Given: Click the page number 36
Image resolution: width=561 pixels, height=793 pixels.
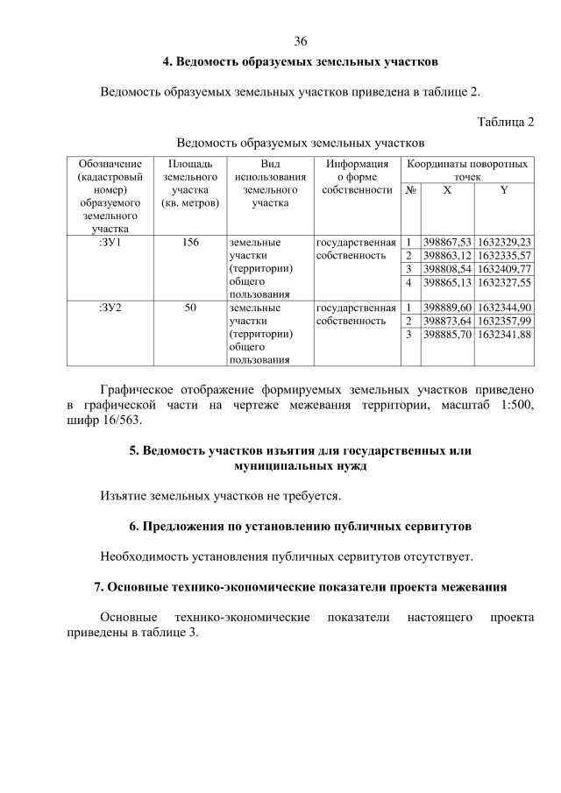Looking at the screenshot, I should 301,42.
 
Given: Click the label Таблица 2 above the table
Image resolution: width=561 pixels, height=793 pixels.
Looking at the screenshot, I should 505,121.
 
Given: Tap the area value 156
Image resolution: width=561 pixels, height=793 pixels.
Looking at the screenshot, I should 190,241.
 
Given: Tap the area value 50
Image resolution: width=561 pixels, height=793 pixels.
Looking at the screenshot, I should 190,308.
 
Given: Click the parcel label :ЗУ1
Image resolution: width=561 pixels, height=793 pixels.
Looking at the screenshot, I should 110,241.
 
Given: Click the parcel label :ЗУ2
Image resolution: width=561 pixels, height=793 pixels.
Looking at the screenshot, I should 110,308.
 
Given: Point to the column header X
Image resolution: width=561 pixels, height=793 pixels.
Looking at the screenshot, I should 447,190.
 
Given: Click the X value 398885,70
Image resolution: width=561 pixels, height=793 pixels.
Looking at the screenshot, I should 447,335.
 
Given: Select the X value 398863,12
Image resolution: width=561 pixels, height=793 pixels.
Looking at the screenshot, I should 447,255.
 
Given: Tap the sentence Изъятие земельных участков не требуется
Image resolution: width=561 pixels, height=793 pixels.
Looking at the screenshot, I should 220,497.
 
